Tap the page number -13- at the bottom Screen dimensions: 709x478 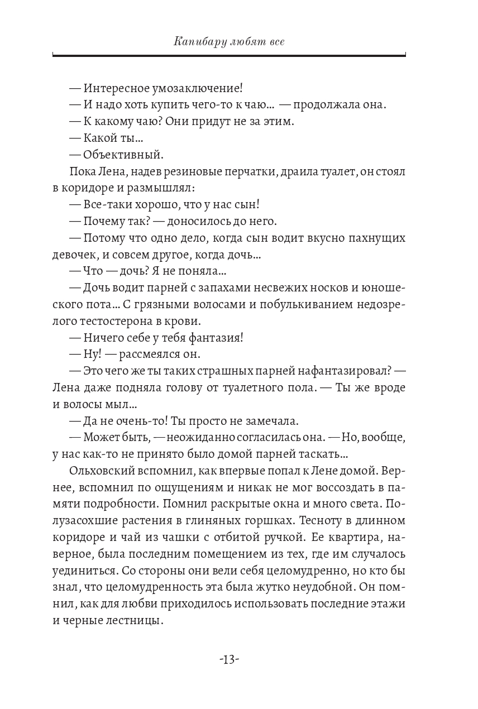pyautogui.click(x=230, y=659)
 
